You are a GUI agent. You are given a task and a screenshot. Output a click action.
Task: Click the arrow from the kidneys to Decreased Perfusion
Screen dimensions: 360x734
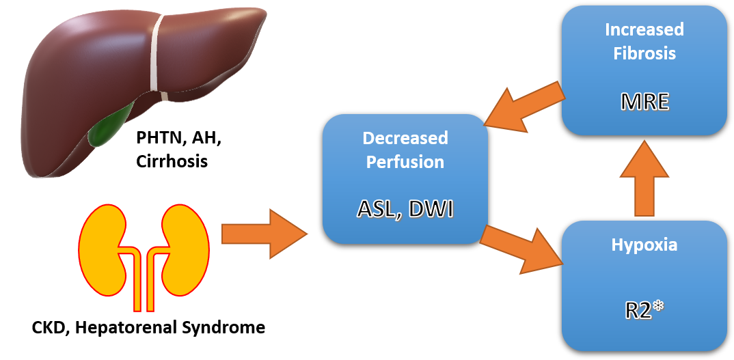[x=263, y=234]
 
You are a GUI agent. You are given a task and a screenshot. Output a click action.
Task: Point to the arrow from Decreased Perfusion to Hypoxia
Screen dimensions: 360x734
[x=523, y=246]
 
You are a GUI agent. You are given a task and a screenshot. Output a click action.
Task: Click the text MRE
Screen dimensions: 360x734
[x=644, y=103]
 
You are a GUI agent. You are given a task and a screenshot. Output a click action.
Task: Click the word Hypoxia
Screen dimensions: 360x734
[x=644, y=245]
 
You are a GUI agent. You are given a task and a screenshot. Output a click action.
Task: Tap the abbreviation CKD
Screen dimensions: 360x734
[x=49, y=327]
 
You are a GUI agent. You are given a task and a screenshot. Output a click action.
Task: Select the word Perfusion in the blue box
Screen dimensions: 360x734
[x=405, y=162]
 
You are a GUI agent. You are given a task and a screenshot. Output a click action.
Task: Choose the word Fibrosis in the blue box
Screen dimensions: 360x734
[x=644, y=53]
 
